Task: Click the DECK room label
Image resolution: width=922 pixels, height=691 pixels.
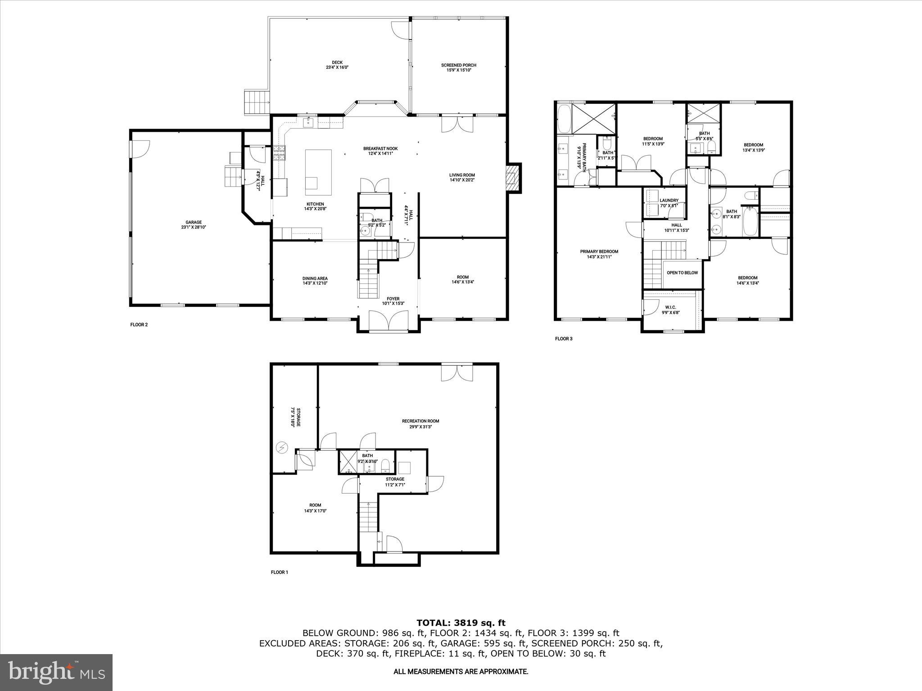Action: click(x=337, y=65)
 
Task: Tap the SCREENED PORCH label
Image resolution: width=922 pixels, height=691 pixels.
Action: click(x=458, y=67)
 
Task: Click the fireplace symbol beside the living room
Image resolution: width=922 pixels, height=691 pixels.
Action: click(x=512, y=178)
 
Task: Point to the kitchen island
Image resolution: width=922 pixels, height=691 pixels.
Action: click(x=318, y=172)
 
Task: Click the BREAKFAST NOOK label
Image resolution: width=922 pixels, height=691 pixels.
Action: click(x=380, y=151)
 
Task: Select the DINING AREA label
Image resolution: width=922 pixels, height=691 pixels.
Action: click(x=315, y=281)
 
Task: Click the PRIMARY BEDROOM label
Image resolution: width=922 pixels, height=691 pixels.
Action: click(x=599, y=254)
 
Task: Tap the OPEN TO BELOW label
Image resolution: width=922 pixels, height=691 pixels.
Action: click(x=682, y=273)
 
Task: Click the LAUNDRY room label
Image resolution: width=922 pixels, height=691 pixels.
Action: click(x=669, y=203)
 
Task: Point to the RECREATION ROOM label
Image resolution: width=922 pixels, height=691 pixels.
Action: click(x=420, y=424)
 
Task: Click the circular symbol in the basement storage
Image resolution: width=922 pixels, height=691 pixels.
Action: click(x=282, y=448)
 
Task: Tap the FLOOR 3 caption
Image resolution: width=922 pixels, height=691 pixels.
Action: click(x=563, y=339)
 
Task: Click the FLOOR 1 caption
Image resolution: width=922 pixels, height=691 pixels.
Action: click(x=279, y=572)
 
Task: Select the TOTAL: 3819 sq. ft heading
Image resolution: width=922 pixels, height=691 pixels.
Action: click(x=461, y=623)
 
